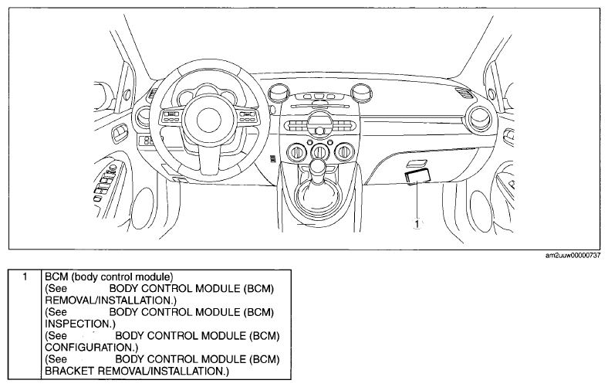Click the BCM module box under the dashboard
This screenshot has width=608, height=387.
[x=417, y=176]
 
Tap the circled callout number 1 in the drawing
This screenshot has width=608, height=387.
[x=417, y=223]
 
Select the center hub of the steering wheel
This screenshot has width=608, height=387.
[x=208, y=119]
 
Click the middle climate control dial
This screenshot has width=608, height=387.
[x=319, y=151]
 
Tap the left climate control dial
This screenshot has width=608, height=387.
[x=296, y=151]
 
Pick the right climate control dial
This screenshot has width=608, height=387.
[x=343, y=151]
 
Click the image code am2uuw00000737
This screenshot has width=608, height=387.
[x=573, y=256]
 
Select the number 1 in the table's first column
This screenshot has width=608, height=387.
[x=25, y=277]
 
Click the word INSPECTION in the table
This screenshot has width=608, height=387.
[x=79, y=324]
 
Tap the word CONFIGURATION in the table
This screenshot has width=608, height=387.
[x=90, y=347]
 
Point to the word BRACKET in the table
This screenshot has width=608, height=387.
[x=69, y=371]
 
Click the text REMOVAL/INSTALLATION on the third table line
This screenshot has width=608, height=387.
[x=108, y=300]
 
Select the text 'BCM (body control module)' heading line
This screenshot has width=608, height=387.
[x=109, y=277]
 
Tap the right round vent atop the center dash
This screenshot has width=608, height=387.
[x=361, y=92]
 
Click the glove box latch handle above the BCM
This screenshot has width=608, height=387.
[x=416, y=164]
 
